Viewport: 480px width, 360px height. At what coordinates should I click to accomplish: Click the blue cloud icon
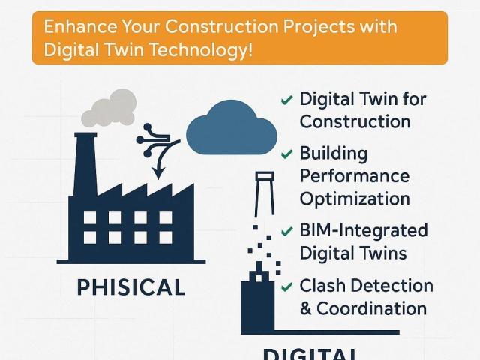232,128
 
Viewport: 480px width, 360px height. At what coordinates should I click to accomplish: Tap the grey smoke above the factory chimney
109,108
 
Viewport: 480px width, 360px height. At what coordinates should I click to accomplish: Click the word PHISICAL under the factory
130,287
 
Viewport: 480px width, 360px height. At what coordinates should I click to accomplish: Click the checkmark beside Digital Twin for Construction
286,100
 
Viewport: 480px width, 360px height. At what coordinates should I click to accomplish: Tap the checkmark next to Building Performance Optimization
286,154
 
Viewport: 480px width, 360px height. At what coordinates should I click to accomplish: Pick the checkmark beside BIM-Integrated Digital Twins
286,232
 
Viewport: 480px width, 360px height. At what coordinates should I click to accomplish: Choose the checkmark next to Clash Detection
286,286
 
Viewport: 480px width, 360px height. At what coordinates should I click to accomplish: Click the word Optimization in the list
355,199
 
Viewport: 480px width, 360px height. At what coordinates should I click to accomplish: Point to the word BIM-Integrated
364,230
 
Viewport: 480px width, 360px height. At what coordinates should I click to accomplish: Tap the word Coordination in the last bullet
372,308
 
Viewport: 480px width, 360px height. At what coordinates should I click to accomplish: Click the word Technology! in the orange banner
202,49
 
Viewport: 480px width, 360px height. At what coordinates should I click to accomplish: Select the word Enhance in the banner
80,26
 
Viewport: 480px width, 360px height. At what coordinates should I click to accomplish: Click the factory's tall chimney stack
85,165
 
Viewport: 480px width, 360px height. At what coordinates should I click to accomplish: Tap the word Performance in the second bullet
355,176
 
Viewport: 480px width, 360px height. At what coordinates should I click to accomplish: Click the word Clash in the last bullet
322,285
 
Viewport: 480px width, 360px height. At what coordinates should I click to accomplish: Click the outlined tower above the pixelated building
265,193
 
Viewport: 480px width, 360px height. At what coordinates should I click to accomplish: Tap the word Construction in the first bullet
355,121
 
